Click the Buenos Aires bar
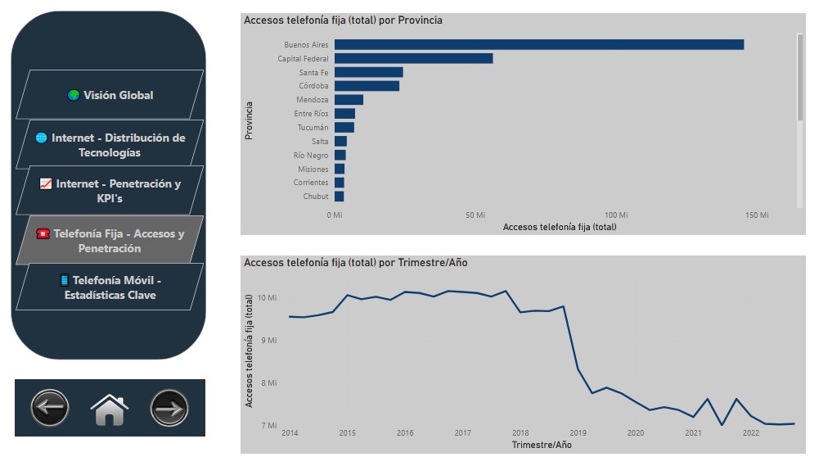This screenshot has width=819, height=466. (539, 44)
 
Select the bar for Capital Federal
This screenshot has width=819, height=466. (414, 59)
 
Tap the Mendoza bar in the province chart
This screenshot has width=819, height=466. (349, 100)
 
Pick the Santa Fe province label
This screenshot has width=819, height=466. (313, 73)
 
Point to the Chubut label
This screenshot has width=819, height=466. (316, 197)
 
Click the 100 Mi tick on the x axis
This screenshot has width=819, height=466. (616, 215)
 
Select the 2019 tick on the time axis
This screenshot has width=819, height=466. (578, 433)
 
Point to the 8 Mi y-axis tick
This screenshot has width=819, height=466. (268, 382)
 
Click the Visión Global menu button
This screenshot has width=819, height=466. (110, 95)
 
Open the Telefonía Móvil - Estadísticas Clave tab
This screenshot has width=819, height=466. (110, 287)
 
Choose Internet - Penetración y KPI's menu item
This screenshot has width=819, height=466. (110, 190)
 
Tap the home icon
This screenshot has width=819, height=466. (110, 409)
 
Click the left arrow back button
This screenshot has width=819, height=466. (50, 408)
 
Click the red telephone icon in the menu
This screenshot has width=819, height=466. (43, 233)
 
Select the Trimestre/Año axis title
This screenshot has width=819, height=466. (542, 445)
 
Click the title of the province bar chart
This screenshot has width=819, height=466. (343, 20)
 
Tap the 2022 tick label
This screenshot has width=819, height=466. (751, 433)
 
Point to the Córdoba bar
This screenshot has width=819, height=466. (367, 86)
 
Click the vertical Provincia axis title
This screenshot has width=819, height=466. (249, 121)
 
